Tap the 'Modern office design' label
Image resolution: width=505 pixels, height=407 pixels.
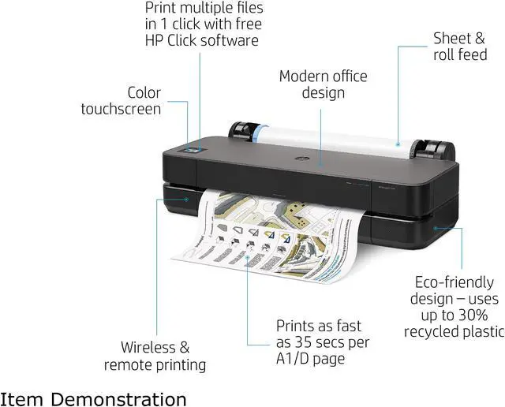[x=323, y=84]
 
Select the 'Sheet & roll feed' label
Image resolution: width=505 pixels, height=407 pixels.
[x=459, y=46]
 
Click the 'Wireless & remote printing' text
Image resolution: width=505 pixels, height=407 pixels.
[x=155, y=355]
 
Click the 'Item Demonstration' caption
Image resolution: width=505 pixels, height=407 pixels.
[x=94, y=398]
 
